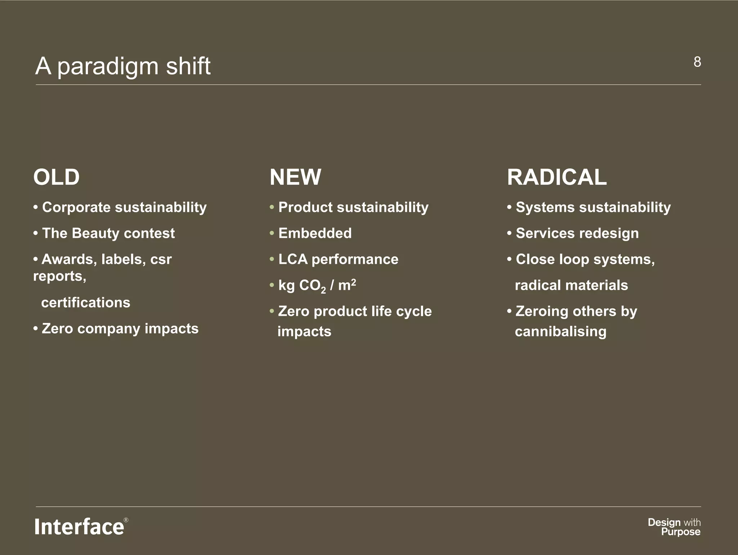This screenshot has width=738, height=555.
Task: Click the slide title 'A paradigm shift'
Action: pos(123,66)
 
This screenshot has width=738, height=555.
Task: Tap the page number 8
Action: pos(697,62)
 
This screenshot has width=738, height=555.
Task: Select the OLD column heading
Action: pos(56,177)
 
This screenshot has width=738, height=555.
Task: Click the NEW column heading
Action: pos(295,177)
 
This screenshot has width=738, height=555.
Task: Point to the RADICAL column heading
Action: pos(557,177)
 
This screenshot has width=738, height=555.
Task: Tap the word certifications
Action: pos(86,303)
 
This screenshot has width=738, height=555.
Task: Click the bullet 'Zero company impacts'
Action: pos(120,329)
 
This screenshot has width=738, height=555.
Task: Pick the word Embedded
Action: pos(315,233)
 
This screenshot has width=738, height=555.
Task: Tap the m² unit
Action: pos(347,285)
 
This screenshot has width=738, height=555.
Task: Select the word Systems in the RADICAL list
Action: pos(545,207)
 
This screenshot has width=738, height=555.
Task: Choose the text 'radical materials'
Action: pos(571,285)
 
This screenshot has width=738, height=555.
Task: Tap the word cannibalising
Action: pos(561,332)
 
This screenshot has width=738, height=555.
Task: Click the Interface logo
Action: pos(79,527)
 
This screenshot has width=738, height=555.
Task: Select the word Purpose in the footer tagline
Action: pos(681,532)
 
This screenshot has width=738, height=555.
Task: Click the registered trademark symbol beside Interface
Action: pos(126,520)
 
